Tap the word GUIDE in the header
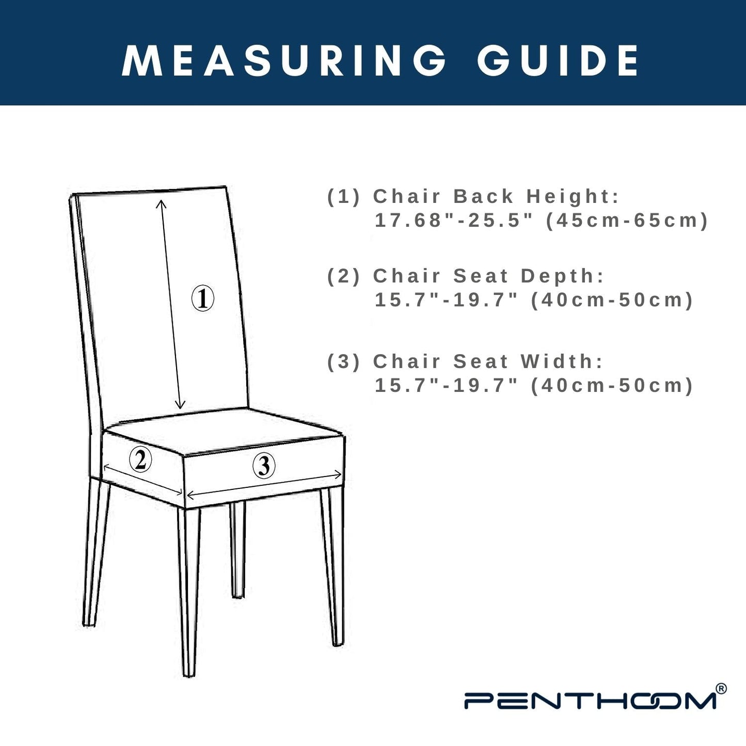tap(558, 61)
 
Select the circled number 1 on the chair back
tap(203, 298)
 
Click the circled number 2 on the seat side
tap(140, 459)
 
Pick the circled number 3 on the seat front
tap(264, 465)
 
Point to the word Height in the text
tap(573, 196)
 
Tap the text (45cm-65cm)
tap(627, 221)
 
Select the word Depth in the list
tap(562, 276)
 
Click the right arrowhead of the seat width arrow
tap(338, 473)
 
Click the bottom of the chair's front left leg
tap(188, 675)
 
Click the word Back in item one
tap(483, 196)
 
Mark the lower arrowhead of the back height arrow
tap(180, 405)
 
